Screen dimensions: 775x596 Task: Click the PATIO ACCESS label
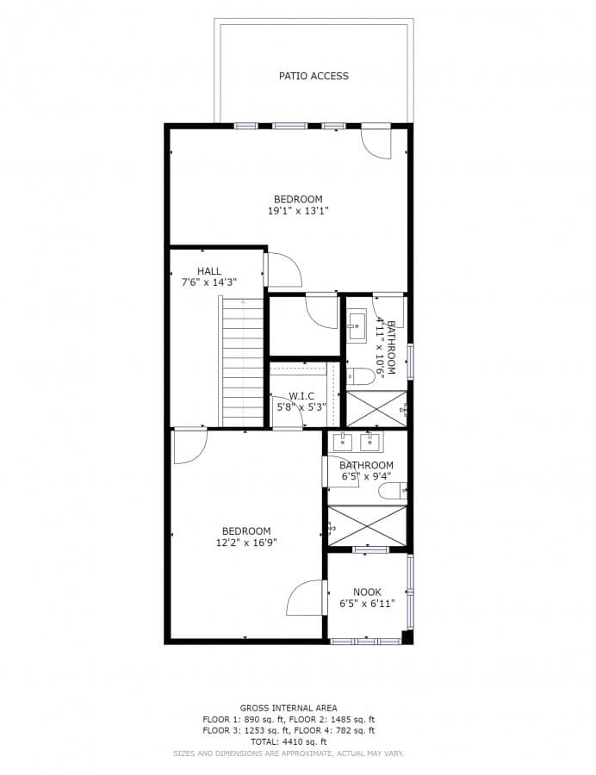(314, 76)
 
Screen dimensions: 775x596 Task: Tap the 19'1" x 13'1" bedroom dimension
(298, 210)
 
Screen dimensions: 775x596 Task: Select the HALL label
(208, 271)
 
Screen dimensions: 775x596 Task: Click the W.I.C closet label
(301, 396)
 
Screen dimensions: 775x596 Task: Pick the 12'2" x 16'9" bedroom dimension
(246, 542)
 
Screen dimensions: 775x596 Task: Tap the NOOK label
(367, 592)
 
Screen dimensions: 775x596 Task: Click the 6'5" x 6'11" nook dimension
(367, 604)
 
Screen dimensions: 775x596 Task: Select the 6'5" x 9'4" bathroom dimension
(366, 476)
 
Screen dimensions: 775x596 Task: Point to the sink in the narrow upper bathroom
(357, 325)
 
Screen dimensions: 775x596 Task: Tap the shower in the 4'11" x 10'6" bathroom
(376, 408)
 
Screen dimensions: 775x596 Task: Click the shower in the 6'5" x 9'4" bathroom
(368, 525)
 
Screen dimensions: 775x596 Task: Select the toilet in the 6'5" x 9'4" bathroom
(392, 491)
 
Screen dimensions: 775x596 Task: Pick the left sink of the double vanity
(344, 443)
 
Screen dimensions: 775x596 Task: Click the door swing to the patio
(376, 142)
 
